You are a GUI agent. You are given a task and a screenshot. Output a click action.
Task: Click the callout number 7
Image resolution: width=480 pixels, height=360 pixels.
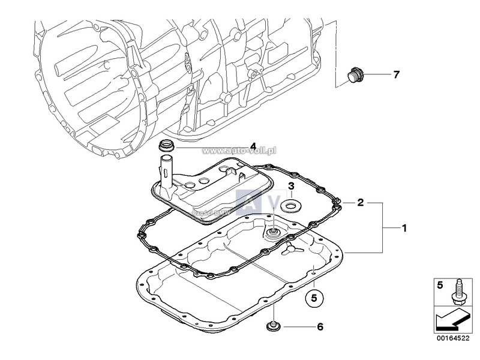tap(395, 75)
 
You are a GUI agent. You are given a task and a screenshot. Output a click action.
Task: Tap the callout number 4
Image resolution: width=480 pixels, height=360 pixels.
tap(236, 146)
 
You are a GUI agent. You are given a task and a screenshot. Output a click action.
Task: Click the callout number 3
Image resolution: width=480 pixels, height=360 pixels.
tap(290, 186)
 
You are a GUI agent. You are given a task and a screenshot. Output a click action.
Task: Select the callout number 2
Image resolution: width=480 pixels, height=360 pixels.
tap(361, 202)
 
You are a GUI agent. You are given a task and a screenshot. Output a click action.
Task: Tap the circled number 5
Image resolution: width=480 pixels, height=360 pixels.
tap(314, 296)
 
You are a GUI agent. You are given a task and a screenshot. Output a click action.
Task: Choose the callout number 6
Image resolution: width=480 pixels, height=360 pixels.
tap(320, 327)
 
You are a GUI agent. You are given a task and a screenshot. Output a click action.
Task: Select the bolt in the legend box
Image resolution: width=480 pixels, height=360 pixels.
tap(459, 290)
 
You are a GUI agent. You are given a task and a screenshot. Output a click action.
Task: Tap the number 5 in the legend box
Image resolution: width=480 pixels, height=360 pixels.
tap(440, 285)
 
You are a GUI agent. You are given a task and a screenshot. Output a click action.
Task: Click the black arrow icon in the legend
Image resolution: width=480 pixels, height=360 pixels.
tap(451, 320)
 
